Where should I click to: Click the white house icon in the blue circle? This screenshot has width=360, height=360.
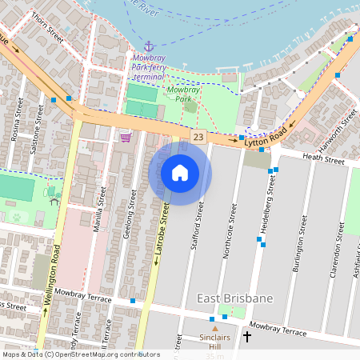180,172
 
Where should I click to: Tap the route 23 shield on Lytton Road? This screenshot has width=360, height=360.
198,138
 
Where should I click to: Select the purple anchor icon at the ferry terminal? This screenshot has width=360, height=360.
148,46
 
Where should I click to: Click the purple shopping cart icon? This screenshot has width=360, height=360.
126,137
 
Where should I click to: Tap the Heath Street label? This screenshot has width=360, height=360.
322,160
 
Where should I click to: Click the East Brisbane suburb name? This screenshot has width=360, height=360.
235,298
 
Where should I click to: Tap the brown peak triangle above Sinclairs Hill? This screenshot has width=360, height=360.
214,328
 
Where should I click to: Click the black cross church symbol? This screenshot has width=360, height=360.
246,337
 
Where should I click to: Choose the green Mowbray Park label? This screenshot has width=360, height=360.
183,97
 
